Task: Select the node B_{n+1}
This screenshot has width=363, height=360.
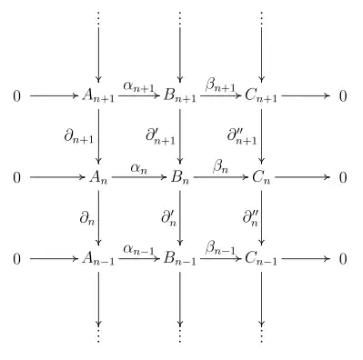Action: (181, 95)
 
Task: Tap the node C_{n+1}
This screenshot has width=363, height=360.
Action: (262, 95)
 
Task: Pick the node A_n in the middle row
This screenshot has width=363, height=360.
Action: (98, 177)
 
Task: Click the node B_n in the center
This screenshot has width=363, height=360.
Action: (180, 177)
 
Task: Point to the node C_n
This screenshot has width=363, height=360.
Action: (262, 177)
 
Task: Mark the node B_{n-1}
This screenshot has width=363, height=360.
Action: (181, 259)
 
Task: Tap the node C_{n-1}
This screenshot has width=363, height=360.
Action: (262, 259)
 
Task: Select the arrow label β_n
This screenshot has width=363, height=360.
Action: (222, 166)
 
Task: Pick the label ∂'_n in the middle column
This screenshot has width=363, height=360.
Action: (168, 218)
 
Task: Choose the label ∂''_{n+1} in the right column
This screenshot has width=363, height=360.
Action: (241, 135)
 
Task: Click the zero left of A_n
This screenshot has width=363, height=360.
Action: (16, 177)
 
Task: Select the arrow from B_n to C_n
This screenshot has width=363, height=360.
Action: (221, 177)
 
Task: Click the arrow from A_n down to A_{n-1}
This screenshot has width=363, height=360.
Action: (98, 218)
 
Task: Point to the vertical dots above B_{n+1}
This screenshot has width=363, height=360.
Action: (180, 18)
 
